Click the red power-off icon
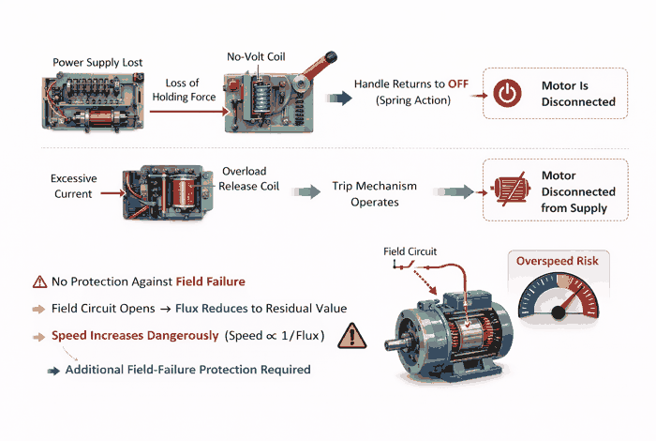(x=507, y=93)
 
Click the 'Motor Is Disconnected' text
(x=578, y=93)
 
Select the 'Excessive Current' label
(x=73, y=186)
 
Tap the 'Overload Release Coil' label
(x=245, y=178)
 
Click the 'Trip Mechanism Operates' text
(x=374, y=193)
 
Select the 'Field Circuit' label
(x=410, y=251)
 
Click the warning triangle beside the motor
(x=351, y=336)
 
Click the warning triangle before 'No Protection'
(x=39, y=281)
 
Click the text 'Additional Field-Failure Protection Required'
(x=187, y=370)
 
